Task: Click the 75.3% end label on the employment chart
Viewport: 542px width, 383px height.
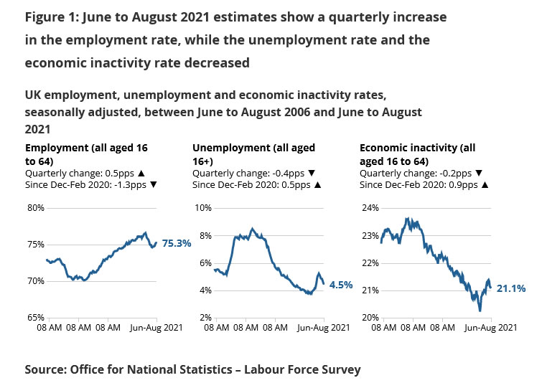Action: click(177, 243)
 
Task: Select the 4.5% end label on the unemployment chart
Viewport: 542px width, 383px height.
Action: click(341, 285)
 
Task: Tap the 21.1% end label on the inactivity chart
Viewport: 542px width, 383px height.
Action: click(511, 288)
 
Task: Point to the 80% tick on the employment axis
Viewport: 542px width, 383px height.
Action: click(36, 208)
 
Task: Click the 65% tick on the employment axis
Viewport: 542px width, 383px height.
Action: click(36, 317)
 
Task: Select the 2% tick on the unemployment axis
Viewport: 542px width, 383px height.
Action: click(205, 317)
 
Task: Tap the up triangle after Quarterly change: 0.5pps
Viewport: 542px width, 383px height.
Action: click(141, 174)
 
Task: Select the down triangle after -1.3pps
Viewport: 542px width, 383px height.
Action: click(153, 184)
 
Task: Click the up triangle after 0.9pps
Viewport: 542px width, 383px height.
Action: click(485, 184)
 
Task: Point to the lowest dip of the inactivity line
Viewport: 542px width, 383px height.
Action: click(480, 311)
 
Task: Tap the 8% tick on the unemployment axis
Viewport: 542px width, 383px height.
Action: click(205, 235)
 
